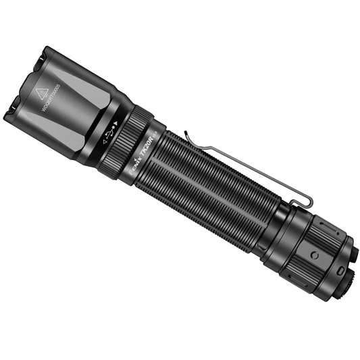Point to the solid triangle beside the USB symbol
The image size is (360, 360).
[115, 123]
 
